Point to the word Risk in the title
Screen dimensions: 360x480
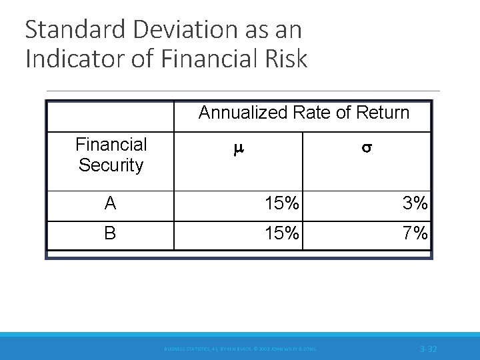[x=285, y=59]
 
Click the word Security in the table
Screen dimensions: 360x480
[x=111, y=165]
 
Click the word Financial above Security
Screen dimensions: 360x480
[x=111, y=145]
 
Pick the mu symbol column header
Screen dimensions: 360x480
[x=239, y=151]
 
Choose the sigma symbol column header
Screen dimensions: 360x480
[x=366, y=151]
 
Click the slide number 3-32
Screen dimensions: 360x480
[x=428, y=349]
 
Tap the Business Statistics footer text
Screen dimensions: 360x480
[x=240, y=349]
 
